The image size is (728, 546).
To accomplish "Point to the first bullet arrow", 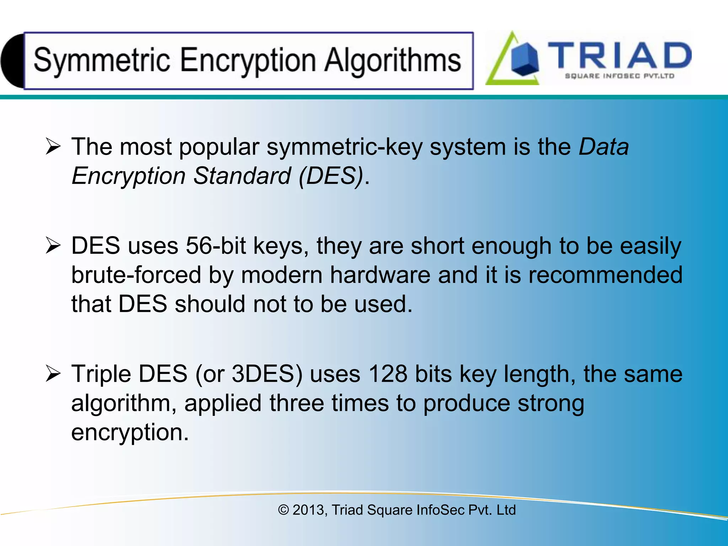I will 53,147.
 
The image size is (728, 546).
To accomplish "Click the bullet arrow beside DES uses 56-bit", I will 53,246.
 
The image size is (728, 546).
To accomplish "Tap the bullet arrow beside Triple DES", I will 53,374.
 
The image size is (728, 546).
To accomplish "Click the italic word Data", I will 604,147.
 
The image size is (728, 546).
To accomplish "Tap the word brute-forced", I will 136,275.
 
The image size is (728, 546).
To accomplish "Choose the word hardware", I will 380,275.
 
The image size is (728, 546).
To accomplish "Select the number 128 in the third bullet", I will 387,374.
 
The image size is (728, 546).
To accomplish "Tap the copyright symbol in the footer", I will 283,510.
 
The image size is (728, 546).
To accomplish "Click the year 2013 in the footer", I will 308,510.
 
